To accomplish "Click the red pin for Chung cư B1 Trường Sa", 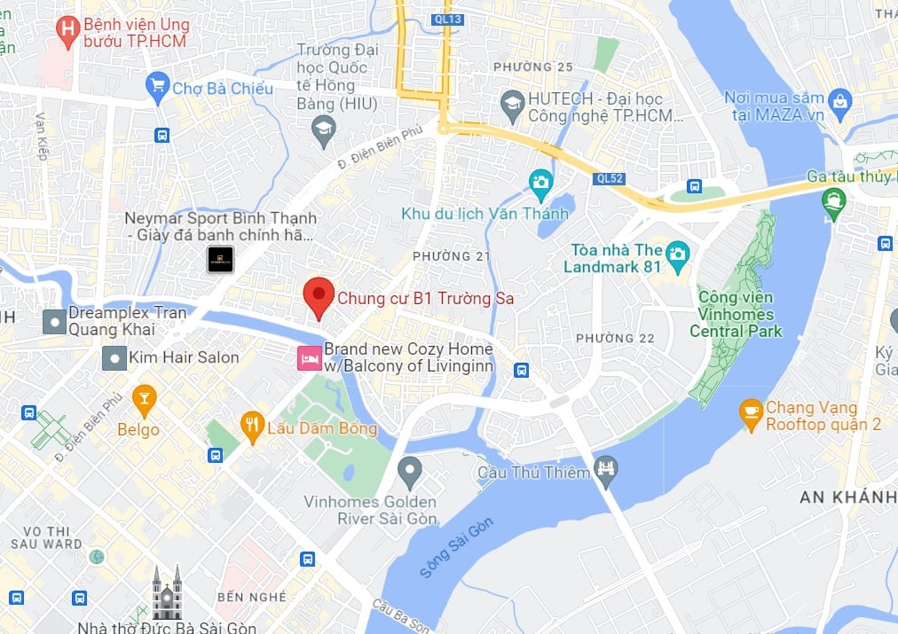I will click(319, 296).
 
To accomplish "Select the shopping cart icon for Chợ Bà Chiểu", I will click(158, 86).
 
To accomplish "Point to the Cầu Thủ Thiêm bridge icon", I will click(606, 473).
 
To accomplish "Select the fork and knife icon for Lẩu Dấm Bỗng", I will click(254, 426).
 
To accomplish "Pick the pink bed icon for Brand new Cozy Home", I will click(308, 358).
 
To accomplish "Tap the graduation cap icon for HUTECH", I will click(512, 106).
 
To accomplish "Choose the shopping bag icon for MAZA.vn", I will click(840, 106).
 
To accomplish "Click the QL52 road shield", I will click(610, 177).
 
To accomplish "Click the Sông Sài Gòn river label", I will click(457, 550).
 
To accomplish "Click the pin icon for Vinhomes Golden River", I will click(409, 471).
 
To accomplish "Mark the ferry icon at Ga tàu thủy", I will click(833, 203).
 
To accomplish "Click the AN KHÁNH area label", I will click(847, 497).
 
